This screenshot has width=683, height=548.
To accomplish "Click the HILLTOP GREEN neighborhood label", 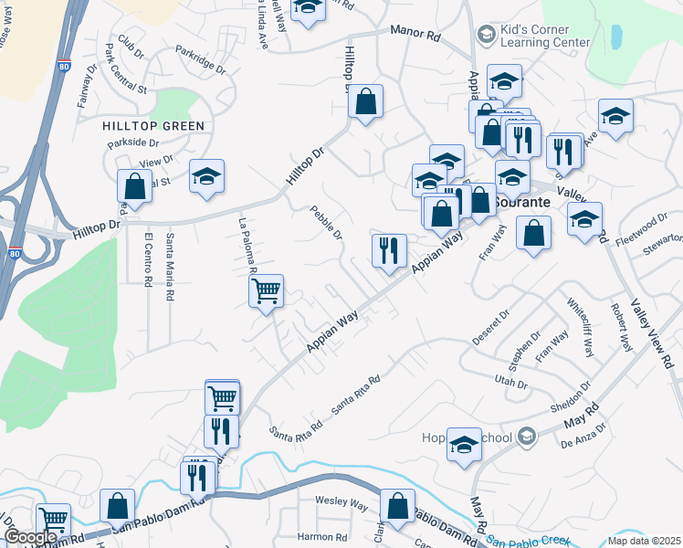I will (153, 126).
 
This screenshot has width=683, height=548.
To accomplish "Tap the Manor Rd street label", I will (415, 33).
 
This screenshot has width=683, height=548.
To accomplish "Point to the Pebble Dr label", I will (326, 222).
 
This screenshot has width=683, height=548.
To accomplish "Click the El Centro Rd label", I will (148, 259).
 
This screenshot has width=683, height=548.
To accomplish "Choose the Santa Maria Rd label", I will (169, 267).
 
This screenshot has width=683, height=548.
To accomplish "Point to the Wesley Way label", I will (341, 503).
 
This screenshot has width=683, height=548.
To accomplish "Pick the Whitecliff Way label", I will (580, 328).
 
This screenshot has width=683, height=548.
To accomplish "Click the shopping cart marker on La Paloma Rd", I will (266, 291).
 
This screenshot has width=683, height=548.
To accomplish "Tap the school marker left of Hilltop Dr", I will (207, 175).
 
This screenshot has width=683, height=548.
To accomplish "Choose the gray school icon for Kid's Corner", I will (485, 36).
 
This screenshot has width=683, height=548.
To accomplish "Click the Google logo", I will (30, 537).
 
